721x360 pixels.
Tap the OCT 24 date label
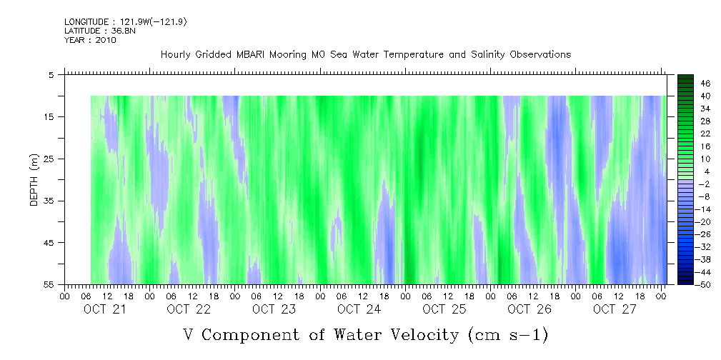tap(359, 309)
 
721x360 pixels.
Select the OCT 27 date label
tap(613, 309)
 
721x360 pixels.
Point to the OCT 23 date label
tap(274, 309)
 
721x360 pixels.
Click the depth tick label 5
tap(51, 74)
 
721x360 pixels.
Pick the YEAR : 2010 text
tap(90, 40)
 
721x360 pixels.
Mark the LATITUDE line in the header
tap(100, 31)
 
